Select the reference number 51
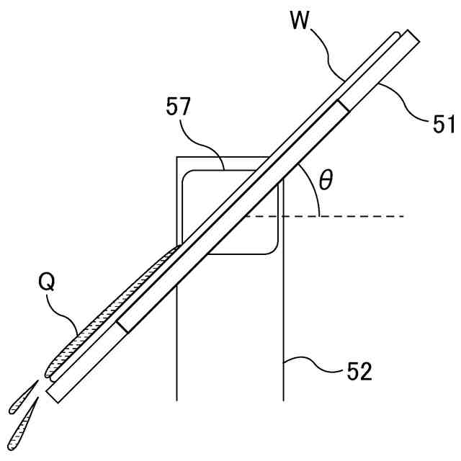[442, 124]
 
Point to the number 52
[358, 372]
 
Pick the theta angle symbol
[326, 180]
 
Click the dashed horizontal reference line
[360, 216]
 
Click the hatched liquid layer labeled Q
[115, 303]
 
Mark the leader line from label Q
[66, 317]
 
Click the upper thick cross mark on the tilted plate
[344, 107]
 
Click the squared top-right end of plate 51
[411, 36]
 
